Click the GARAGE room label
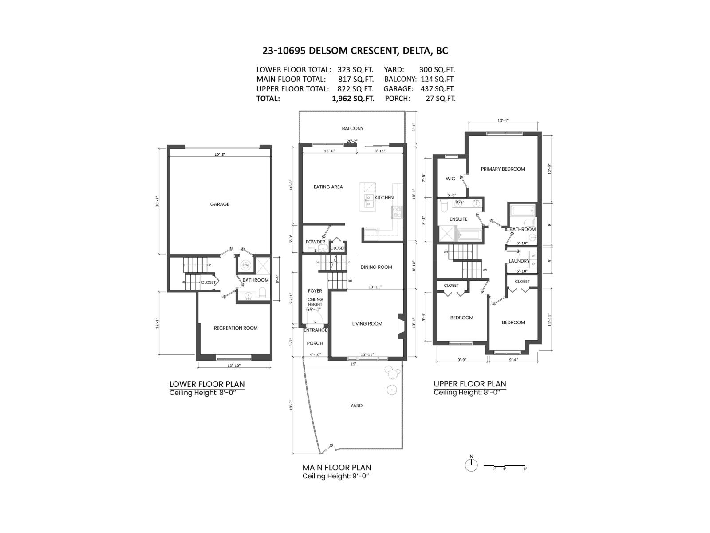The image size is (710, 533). tap(220, 204)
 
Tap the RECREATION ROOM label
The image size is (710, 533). tap(236, 328)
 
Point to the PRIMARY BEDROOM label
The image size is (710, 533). tap(503, 169)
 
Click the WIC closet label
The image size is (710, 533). tap(450, 179)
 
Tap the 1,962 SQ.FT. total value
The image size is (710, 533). tap(353, 99)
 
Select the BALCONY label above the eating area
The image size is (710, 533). tap(353, 128)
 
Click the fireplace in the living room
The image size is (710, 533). tap(401, 327)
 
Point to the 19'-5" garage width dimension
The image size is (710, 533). tap(220, 155)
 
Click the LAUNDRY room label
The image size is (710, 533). tap(519, 261)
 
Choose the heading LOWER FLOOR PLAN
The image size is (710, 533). tap(207, 384)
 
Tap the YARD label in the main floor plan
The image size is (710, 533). tap(356, 406)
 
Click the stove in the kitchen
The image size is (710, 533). tap(396, 213)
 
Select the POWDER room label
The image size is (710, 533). tap(315, 242)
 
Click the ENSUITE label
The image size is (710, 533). tap(458, 219)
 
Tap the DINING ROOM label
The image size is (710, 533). tap(376, 267)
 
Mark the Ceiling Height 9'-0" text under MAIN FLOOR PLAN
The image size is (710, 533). tap(336, 476)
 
